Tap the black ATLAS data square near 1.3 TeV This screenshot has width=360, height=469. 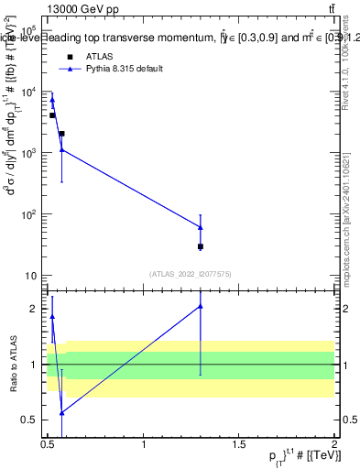click(x=200, y=246)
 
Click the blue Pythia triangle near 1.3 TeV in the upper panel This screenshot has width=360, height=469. click(x=200, y=227)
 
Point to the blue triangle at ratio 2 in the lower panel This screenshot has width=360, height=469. click(x=200, y=306)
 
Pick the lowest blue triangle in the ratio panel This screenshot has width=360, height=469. click(x=61, y=413)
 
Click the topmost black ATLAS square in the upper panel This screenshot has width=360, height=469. click(x=52, y=115)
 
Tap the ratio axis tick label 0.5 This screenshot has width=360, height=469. click(x=31, y=420)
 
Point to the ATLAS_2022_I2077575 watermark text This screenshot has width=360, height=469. click(x=189, y=273)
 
